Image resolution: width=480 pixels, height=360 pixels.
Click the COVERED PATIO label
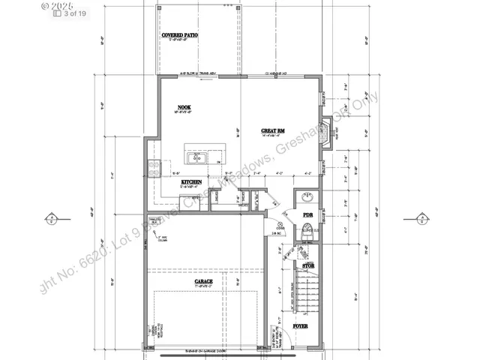180,35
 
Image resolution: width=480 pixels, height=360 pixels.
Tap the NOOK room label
184,108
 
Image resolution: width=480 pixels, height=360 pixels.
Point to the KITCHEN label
192,182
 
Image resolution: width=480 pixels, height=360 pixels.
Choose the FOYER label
301,326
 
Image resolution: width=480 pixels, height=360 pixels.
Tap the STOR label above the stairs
307,266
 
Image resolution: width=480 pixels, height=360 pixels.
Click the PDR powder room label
307,215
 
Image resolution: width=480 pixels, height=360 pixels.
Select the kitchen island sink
199,157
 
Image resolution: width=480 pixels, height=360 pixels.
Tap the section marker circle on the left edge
50,219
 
